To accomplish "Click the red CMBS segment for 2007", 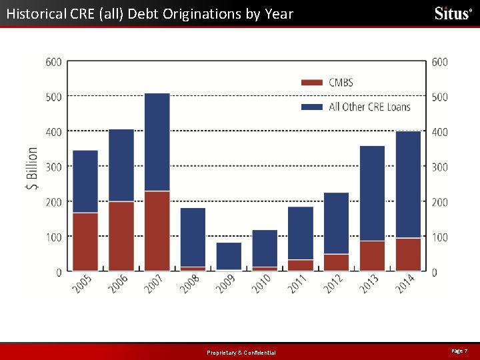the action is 157,231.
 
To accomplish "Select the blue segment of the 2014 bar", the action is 409,185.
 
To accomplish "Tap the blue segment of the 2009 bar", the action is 229,256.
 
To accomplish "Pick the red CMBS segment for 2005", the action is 85,242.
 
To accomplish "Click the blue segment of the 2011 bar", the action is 301,233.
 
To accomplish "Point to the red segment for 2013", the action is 372,256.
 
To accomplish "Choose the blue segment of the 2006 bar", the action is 121,165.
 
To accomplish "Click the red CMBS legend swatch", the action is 312,83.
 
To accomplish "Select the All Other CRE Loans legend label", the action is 369,107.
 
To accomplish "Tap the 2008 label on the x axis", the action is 190,284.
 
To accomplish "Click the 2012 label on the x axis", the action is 333,284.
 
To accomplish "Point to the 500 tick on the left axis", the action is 53,97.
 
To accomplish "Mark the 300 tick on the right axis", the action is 439,167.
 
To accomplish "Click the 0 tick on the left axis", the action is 59,272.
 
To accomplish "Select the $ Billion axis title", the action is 32,169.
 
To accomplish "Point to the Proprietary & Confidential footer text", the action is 241,353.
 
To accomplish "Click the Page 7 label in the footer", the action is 459,351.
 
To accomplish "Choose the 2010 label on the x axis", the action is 262,284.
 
